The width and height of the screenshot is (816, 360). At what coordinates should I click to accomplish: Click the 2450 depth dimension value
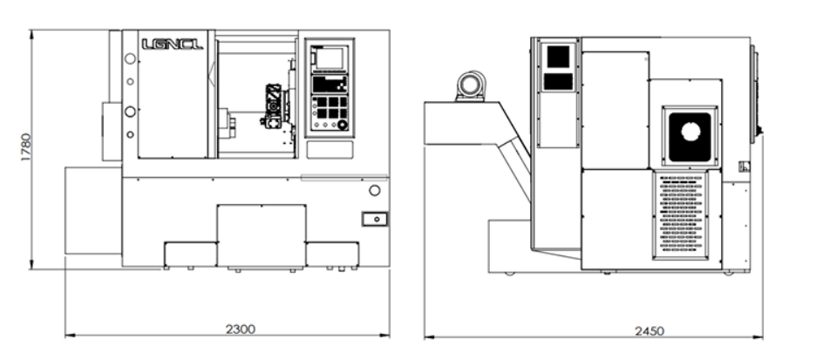(x=650, y=330)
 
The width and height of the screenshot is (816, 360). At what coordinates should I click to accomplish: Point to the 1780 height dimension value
(x=25, y=149)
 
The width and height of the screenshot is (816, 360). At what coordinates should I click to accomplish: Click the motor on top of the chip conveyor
(x=472, y=86)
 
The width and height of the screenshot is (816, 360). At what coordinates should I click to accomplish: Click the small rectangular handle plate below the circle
(x=376, y=218)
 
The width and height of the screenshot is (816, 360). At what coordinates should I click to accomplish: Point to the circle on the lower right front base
(x=374, y=190)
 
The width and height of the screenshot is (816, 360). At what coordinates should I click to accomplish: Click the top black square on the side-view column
(x=558, y=55)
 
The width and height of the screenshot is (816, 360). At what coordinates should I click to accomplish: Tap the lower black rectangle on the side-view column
(x=558, y=81)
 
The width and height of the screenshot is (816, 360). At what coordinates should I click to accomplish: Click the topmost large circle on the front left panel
(x=131, y=58)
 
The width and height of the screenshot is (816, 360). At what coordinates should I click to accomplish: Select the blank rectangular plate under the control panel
(x=329, y=149)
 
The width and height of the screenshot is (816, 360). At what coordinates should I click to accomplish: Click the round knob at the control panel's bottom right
(x=343, y=125)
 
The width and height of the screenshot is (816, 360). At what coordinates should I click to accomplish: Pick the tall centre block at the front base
(x=262, y=234)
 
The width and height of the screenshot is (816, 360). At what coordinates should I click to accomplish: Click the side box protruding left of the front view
(x=112, y=131)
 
